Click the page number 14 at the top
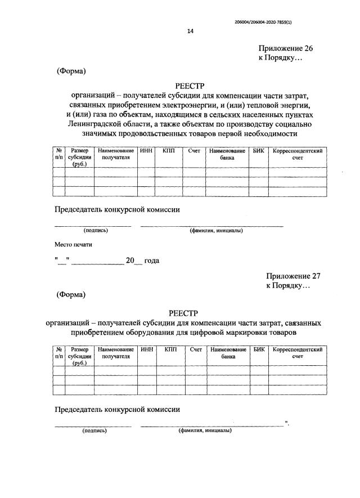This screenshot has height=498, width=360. [x=190, y=32]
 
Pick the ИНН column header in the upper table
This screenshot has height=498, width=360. [x=146, y=151]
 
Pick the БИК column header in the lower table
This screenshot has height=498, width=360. [x=259, y=350]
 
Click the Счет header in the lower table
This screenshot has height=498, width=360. [x=196, y=350]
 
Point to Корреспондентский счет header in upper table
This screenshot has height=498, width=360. [x=297, y=155]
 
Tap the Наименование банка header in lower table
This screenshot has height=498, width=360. [x=228, y=353]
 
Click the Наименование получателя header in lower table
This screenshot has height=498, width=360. [x=116, y=353]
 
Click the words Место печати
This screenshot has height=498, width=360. [x=73, y=245]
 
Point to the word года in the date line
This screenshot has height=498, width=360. [x=152, y=261]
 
